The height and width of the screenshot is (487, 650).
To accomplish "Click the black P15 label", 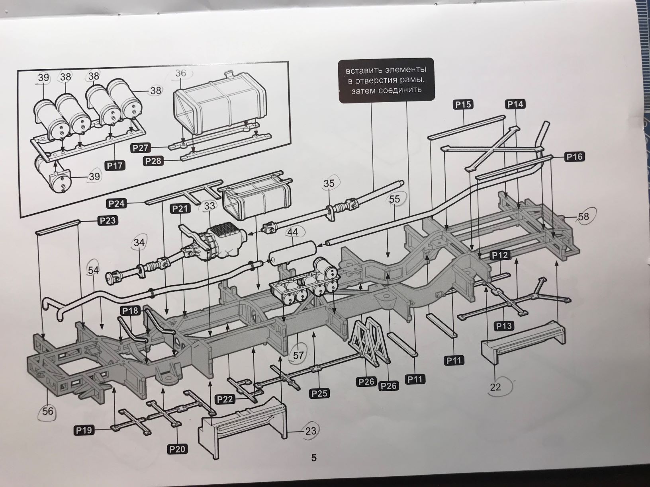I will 462,105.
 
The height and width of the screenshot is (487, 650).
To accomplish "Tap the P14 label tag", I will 515,104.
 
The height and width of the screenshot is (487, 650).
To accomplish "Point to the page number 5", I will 313,458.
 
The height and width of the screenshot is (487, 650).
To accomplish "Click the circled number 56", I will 47,411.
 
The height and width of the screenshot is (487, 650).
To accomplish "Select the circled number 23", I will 311,431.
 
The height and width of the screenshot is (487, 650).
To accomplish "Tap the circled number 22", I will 495,386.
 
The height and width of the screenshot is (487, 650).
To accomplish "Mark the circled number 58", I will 583,216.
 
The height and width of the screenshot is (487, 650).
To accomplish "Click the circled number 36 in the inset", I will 180,73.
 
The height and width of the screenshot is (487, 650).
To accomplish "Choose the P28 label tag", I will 153,161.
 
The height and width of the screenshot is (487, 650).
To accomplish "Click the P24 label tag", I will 116,204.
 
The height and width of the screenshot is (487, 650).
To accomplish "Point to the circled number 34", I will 140,242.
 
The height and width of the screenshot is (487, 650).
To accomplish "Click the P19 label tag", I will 84,430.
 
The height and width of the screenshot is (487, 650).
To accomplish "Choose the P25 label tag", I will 319,393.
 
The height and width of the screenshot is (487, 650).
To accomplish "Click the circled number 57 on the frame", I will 298,355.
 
